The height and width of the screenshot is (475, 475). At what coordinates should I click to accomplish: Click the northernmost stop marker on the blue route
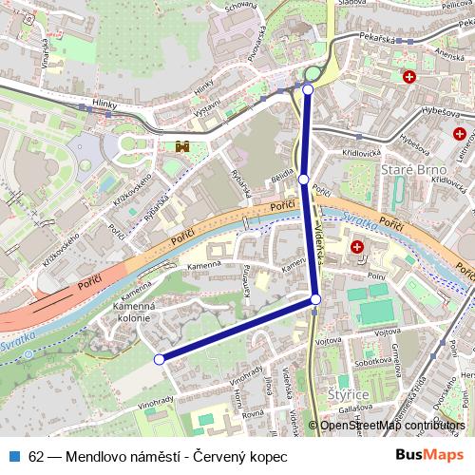(308, 89)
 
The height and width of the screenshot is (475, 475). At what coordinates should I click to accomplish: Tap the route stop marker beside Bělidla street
(303, 179)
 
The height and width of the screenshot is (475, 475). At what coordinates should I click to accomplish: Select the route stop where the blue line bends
(315, 300)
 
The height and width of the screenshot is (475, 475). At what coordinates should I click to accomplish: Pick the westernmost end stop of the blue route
(160, 359)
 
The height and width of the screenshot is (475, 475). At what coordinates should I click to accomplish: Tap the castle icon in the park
(182, 146)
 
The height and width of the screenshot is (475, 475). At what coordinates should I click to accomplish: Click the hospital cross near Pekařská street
(409, 77)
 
